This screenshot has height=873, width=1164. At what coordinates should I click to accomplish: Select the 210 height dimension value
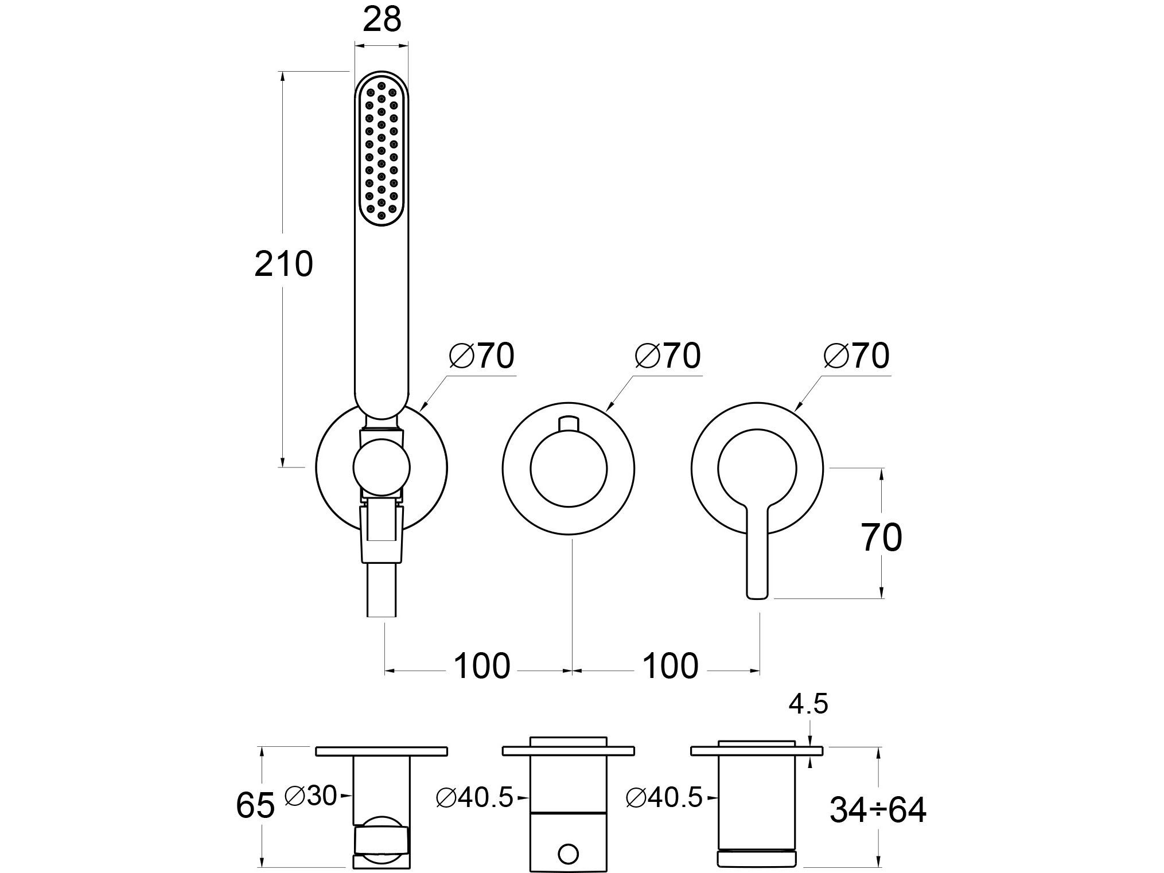283,264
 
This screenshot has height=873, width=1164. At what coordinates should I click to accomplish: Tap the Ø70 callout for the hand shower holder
482,356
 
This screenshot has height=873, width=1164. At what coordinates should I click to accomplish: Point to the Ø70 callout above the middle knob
668,356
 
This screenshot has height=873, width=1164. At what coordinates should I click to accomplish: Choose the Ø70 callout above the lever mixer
856,356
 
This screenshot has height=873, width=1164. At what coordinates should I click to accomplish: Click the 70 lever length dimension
882,537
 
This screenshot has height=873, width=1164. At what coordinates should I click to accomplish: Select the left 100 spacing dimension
481,667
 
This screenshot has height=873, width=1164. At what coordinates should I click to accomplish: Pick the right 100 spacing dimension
669,667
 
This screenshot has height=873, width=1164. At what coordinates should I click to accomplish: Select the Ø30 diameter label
310,796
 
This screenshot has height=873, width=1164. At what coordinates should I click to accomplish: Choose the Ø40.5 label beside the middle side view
474,798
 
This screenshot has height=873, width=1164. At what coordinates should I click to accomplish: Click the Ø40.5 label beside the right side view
664,798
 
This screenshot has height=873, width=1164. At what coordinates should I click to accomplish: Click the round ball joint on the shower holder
381,467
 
